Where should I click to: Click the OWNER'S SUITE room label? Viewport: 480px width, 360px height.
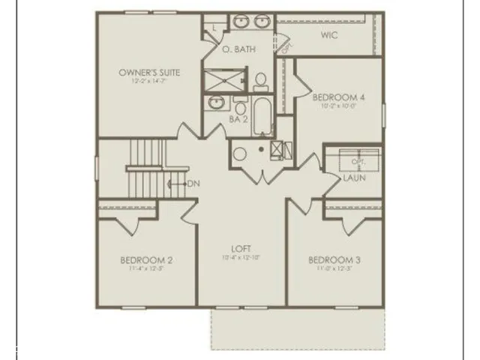point(147,73)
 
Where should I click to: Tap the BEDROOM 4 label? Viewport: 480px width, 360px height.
point(338,97)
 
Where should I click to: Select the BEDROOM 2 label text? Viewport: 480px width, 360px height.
point(146,260)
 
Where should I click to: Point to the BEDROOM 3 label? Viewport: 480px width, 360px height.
point(334,260)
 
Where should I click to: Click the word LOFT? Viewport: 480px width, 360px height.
point(241,249)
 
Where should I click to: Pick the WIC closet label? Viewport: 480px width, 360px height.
point(328,34)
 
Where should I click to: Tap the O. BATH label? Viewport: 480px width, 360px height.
point(238,49)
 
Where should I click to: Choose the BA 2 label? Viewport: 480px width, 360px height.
point(238,118)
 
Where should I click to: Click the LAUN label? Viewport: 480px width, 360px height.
point(354,178)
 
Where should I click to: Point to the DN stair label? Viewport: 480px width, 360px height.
point(193,184)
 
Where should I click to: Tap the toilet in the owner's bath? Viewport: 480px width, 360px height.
point(261,79)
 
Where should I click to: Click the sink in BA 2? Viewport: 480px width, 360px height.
point(216,102)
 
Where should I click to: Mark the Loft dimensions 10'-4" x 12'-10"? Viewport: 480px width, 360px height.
point(241,258)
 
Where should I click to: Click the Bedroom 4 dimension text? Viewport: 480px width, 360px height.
point(338,106)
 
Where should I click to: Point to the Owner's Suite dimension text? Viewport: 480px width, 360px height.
point(147,81)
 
